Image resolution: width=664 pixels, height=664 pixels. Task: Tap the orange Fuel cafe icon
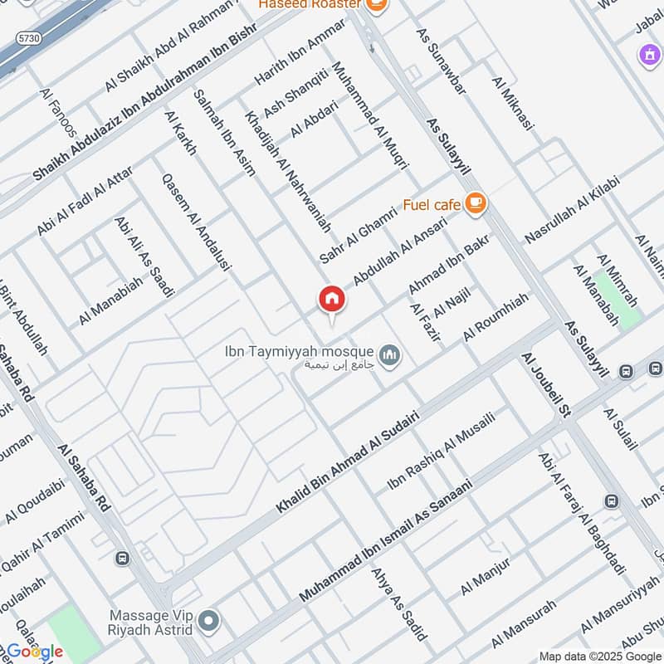[475, 203]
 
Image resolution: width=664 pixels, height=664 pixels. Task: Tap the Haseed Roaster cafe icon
[377, 5]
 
